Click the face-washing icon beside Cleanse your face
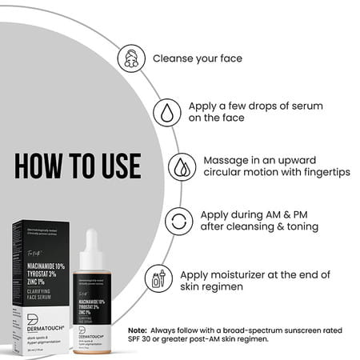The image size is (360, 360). (131, 58)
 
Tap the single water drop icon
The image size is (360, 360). (166, 111)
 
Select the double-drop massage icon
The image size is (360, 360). (182, 166)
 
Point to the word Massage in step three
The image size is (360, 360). (230, 159)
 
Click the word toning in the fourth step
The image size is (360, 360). (302, 227)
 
